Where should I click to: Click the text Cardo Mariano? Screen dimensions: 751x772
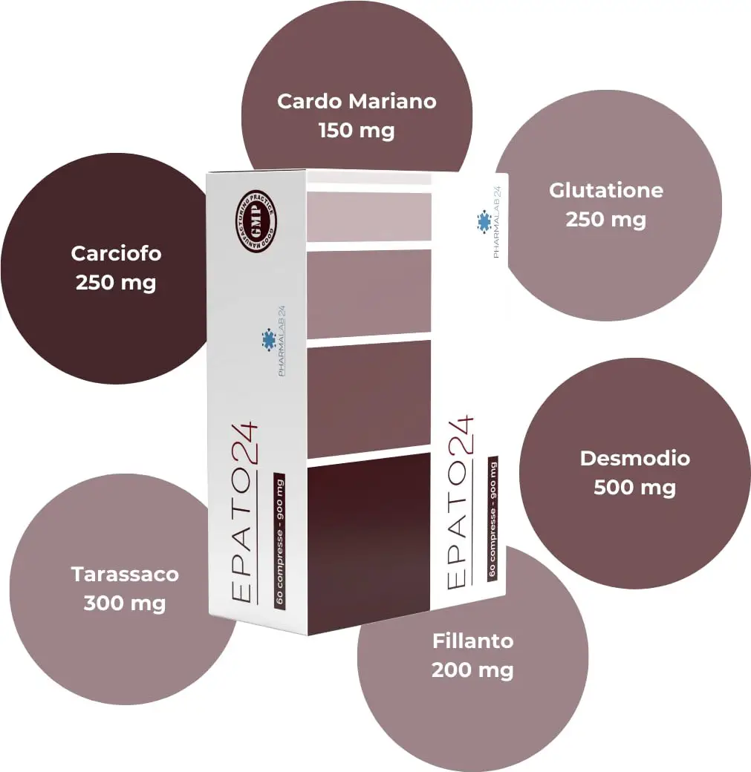click(357, 102)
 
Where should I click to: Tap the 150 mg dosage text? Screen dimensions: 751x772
click(357, 131)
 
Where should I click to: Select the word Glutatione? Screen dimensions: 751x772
click(606, 191)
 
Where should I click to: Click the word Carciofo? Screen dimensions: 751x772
click(117, 254)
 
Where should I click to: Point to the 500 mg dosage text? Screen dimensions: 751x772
click(634, 488)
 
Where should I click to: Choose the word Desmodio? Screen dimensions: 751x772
click(634, 459)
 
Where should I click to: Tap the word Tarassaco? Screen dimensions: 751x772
click(125, 575)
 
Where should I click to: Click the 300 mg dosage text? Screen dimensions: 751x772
click(125, 603)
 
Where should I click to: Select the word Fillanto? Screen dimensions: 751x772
click(473, 641)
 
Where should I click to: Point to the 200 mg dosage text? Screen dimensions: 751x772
click(473, 670)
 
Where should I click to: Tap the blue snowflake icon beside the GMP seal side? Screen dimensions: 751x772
click(269, 340)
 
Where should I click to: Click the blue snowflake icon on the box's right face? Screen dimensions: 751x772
click(484, 221)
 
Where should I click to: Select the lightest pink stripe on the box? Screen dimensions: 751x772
click(369, 217)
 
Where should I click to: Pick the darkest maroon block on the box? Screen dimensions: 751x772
click(368, 543)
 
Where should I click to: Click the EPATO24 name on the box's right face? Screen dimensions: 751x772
click(460, 503)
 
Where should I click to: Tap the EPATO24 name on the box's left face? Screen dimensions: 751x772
click(244, 512)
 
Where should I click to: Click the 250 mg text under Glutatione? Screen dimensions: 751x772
click(606, 220)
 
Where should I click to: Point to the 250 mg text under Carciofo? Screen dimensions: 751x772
click(117, 283)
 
